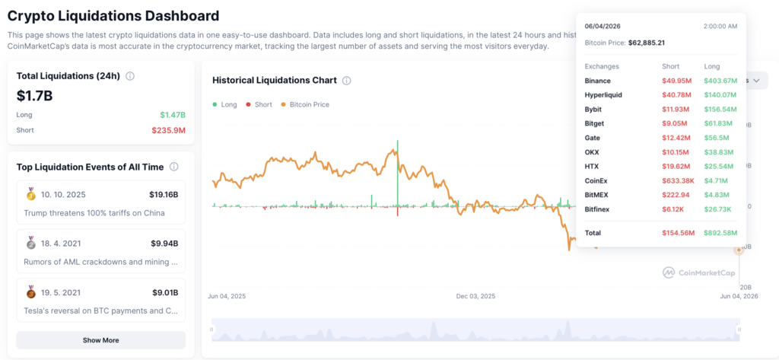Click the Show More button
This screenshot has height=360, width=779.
tap(101, 340)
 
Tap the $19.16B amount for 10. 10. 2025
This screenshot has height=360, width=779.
tap(164, 194)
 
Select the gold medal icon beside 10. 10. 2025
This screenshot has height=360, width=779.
tap(30, 194)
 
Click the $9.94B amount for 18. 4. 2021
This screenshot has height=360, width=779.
tap(164, 243)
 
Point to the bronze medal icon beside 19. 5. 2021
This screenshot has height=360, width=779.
tap(30, 292)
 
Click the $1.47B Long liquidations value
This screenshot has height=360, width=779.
tap(173, 115)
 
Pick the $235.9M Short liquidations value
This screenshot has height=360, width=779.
tap(168, 130)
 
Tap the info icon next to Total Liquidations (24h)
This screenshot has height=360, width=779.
tap(130, 76)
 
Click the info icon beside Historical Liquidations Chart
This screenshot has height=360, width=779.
tap(347, 81)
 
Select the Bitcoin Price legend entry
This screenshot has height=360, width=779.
tap(305, 104)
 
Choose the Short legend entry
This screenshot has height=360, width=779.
tap(259, 104)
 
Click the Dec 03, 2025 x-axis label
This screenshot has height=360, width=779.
tap(475, 296)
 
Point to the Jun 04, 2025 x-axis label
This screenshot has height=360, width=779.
tap(227, 296)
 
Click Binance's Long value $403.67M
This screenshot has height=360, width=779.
tap(720, 81)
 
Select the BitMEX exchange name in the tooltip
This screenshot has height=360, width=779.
tap(597, 195)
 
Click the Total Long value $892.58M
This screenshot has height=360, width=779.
tap(720, 233)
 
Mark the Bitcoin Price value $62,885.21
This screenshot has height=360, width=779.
tap(647, 43)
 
